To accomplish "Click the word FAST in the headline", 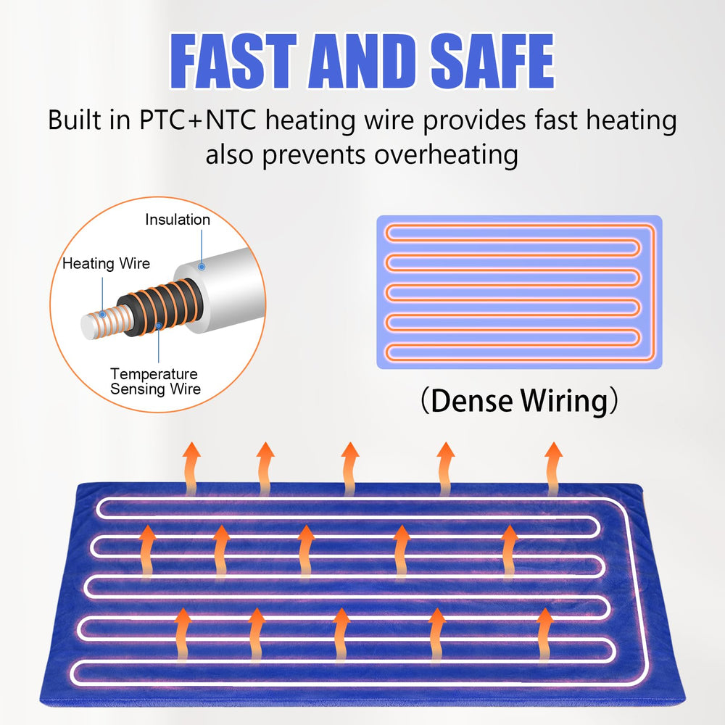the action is tap(233, 62).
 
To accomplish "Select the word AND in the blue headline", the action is tap(362, 62).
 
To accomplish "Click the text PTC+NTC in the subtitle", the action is tap(198, 120).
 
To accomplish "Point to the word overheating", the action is tap(446, 155).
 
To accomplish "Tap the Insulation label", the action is tap(178, 220).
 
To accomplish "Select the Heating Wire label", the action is tap(107, 264).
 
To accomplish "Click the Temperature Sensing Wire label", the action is tap(155, 381).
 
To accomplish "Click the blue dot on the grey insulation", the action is tap(202, 267).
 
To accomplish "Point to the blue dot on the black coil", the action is tap(159, 326).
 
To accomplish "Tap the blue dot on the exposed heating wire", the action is tap(103, 315).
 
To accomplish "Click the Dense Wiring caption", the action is tap(519, 400).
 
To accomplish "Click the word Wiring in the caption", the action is tap(564, 400).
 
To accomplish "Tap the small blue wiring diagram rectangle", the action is tap(519, 292).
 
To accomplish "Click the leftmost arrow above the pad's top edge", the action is tap(191, 468).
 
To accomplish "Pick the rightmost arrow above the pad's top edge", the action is tap(553, 468).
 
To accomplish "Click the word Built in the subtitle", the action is tap(74, 120).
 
